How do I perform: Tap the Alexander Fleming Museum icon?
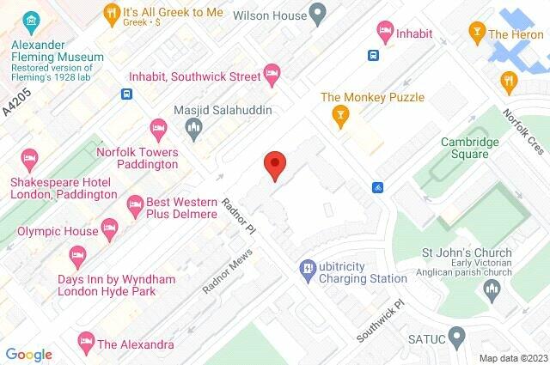pyautogui.click(x=31, y=20)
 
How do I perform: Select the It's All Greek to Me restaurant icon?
pyautogui.click(x=111, y=13)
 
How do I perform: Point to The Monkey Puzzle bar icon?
pyautogui.click(x=341, y=117)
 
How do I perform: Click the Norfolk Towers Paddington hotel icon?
pyautogui.click(x=158, y=129)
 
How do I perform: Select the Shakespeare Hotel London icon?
pyautogui.click(x=29, y=159)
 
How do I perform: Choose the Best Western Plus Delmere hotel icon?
pyautogui.click(x=134, y=204)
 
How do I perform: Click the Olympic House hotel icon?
pyautogui.click(x=108, y=228)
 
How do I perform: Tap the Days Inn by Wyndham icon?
pyautogui.click(x=77, y=255)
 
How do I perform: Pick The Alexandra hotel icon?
pyautogui.click(x=85, y=340)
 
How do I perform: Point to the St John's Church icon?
pyautogui.click(x=493, y=292)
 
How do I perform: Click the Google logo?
pyautogui.click(x=28, y=354)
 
